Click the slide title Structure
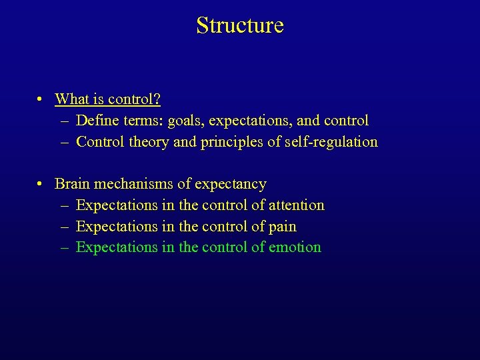[240, 25]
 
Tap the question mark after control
[157, 99]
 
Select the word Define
[97, 121]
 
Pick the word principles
[231, 142]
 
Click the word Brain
[72, 184]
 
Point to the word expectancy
[230, 185]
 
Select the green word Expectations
[117, 247]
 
